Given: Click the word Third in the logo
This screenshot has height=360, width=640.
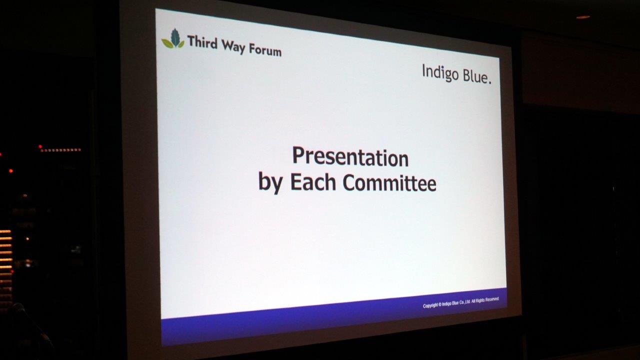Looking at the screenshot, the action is pyautogui.click(x=202, y=42).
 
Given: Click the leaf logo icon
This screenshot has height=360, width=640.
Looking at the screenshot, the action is pyautogui.click(x=173, y=39).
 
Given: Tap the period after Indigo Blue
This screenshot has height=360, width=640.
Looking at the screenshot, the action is pyautogui.click(x=490, y=83).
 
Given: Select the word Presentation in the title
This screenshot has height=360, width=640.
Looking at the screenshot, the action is pyautogui.click(x=350, y=157).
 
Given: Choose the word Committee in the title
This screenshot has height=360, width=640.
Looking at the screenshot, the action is pyautogui.click(x=389, y=182).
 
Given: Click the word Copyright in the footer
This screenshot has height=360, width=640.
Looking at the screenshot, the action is pyautogui.click(x=430, y=305).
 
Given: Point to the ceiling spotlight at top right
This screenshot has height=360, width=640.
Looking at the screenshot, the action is pyautogui.click(x=583, y=17).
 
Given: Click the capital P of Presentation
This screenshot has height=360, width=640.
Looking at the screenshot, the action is pyautogui.click(x=298, y=155).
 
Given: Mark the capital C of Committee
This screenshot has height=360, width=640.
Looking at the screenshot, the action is pyautogui.click(x=349, y=182).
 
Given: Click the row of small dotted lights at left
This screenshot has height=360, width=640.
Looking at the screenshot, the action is pyautogui.click(x=60, y=149).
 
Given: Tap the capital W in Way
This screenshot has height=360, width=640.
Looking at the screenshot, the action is pyautogui.click(x=228, y=45).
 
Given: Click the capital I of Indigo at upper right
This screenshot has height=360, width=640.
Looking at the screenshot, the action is pyautogui.click(x=423, y=70).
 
